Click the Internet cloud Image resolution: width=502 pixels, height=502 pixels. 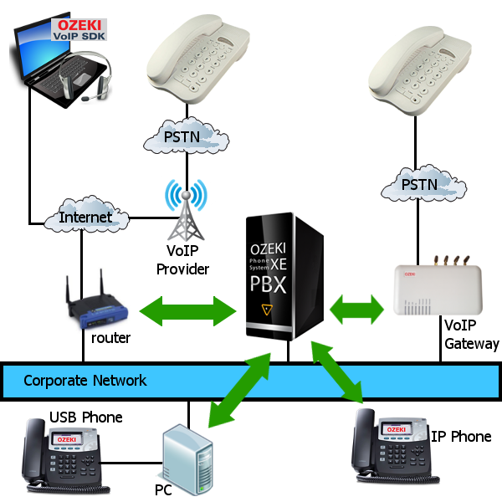[85, 218]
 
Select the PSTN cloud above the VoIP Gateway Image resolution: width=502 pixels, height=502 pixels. [419, 183]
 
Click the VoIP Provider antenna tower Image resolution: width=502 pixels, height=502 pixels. [185, 214]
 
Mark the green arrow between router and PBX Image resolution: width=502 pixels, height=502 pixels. [188, 310]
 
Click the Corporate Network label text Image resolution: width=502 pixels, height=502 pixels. [85, 381]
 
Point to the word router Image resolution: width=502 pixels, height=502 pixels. [110, 339]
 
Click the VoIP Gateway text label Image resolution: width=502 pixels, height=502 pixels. [471, 336]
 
